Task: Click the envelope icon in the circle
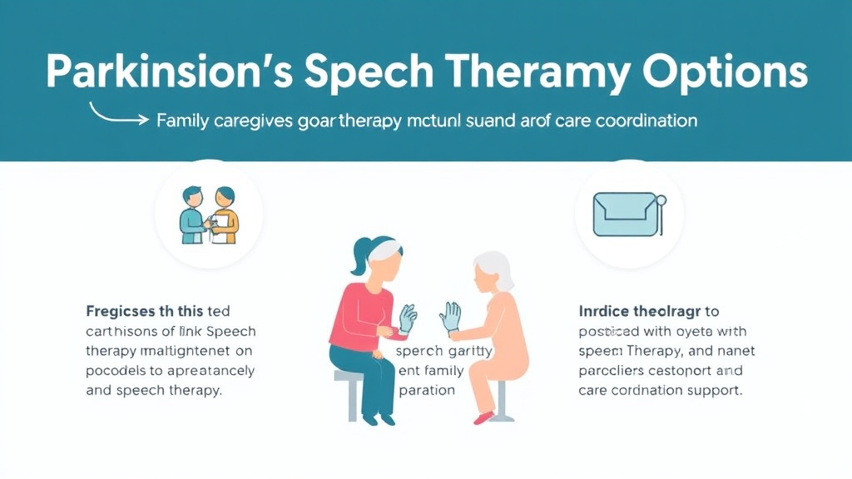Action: pyautogui.click(x=627, y=214)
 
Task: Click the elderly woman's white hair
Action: pyautogui.click(x=493, y=270)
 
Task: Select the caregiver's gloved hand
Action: pyautogui.click(x=408, y=319)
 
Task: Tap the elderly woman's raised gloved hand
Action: pyautogui.click(x=450, y=316)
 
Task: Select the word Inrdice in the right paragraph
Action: pyautogui.click(x=604, y=311)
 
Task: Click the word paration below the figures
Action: pyautogui.click(x=426, y=389)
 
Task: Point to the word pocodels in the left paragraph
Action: pyautogui.click(x=116, y=370)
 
